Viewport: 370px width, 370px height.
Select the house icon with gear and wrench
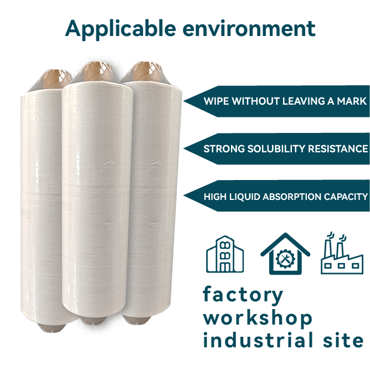285,254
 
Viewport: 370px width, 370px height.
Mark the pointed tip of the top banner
184,101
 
